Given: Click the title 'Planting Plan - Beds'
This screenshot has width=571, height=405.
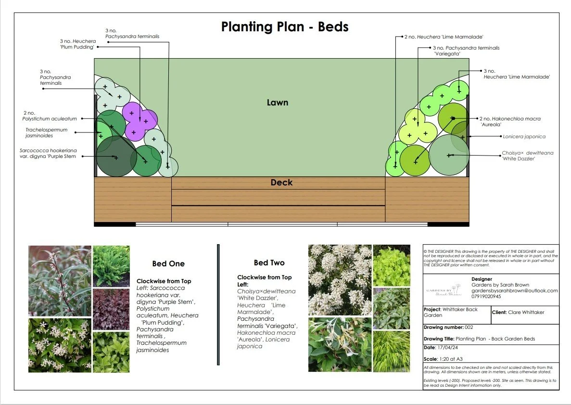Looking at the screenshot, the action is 284,26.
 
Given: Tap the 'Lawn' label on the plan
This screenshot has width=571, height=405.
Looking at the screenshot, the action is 278,102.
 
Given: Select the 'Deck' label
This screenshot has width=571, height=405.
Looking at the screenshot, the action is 281,183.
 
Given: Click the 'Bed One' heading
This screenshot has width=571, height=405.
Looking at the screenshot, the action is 168,263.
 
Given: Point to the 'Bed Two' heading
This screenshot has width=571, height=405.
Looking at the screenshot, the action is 269,262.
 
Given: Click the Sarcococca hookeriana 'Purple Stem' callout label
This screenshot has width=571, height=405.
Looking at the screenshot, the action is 48,153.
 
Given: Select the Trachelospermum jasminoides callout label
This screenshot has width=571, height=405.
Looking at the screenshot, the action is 47,133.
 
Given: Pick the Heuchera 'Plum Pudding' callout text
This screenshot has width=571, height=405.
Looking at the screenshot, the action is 77,44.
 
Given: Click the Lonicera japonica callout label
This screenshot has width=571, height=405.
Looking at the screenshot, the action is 524,137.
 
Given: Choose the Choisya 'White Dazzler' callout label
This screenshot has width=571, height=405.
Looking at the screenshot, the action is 527,156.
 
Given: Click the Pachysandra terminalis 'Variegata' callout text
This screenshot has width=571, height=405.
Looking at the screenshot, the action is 466,51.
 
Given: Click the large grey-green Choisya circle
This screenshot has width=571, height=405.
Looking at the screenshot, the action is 448,155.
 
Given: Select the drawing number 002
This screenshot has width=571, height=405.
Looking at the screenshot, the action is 473,327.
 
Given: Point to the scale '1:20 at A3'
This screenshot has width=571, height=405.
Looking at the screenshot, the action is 457,359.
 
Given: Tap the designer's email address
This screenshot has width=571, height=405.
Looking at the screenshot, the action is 514,291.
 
